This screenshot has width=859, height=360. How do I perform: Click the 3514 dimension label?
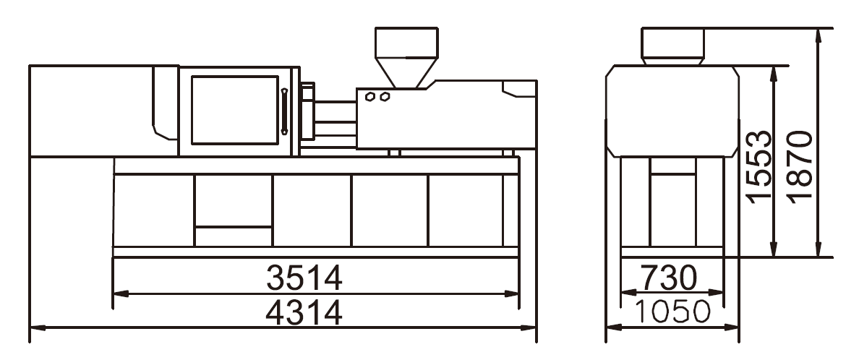(x=304, y=278)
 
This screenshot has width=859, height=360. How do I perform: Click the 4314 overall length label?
(x=304, y=312)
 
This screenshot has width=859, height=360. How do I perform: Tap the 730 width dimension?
(x=669, y=278)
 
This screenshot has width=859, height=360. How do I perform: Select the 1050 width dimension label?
(x=672, y=312)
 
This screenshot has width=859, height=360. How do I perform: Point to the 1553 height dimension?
(x=759, y=166)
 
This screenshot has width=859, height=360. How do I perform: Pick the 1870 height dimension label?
(x=799, y=166)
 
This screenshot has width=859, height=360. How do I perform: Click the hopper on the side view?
(x=406, y=57)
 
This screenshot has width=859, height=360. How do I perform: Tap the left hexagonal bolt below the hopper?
(x=370, y=97)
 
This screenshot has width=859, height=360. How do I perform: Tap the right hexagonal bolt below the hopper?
(x=385, y=97)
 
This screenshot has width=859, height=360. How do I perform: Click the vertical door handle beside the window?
(x=284, y=111)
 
